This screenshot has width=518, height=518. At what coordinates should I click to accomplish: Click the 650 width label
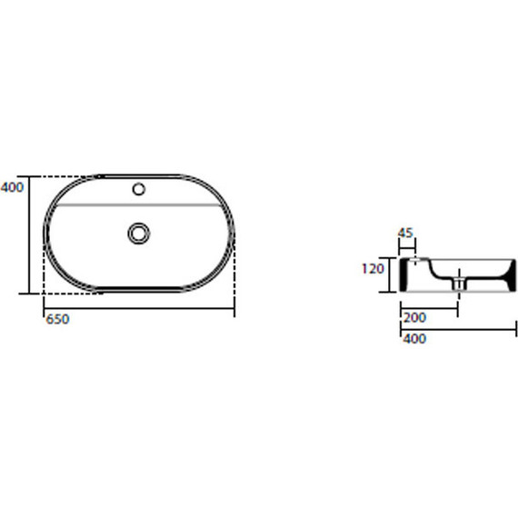tap(57, 320)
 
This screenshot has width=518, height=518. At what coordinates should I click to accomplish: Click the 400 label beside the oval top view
tap(12, 187)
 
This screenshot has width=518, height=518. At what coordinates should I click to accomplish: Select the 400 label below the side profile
tap(414, 339)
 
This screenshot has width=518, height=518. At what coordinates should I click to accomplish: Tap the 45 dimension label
tap(405, 233)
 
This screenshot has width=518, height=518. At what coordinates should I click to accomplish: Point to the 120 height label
tap(373, 269)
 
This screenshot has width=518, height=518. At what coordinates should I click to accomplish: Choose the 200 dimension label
tap(415, 318)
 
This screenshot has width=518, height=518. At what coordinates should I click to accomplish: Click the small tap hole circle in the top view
tap(139, 189)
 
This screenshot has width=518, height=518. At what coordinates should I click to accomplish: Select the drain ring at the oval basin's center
tap(139, 234)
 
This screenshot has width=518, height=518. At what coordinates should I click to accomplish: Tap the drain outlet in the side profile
tap(459, 284)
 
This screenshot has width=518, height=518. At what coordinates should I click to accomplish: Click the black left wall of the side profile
tap(404, 274)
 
